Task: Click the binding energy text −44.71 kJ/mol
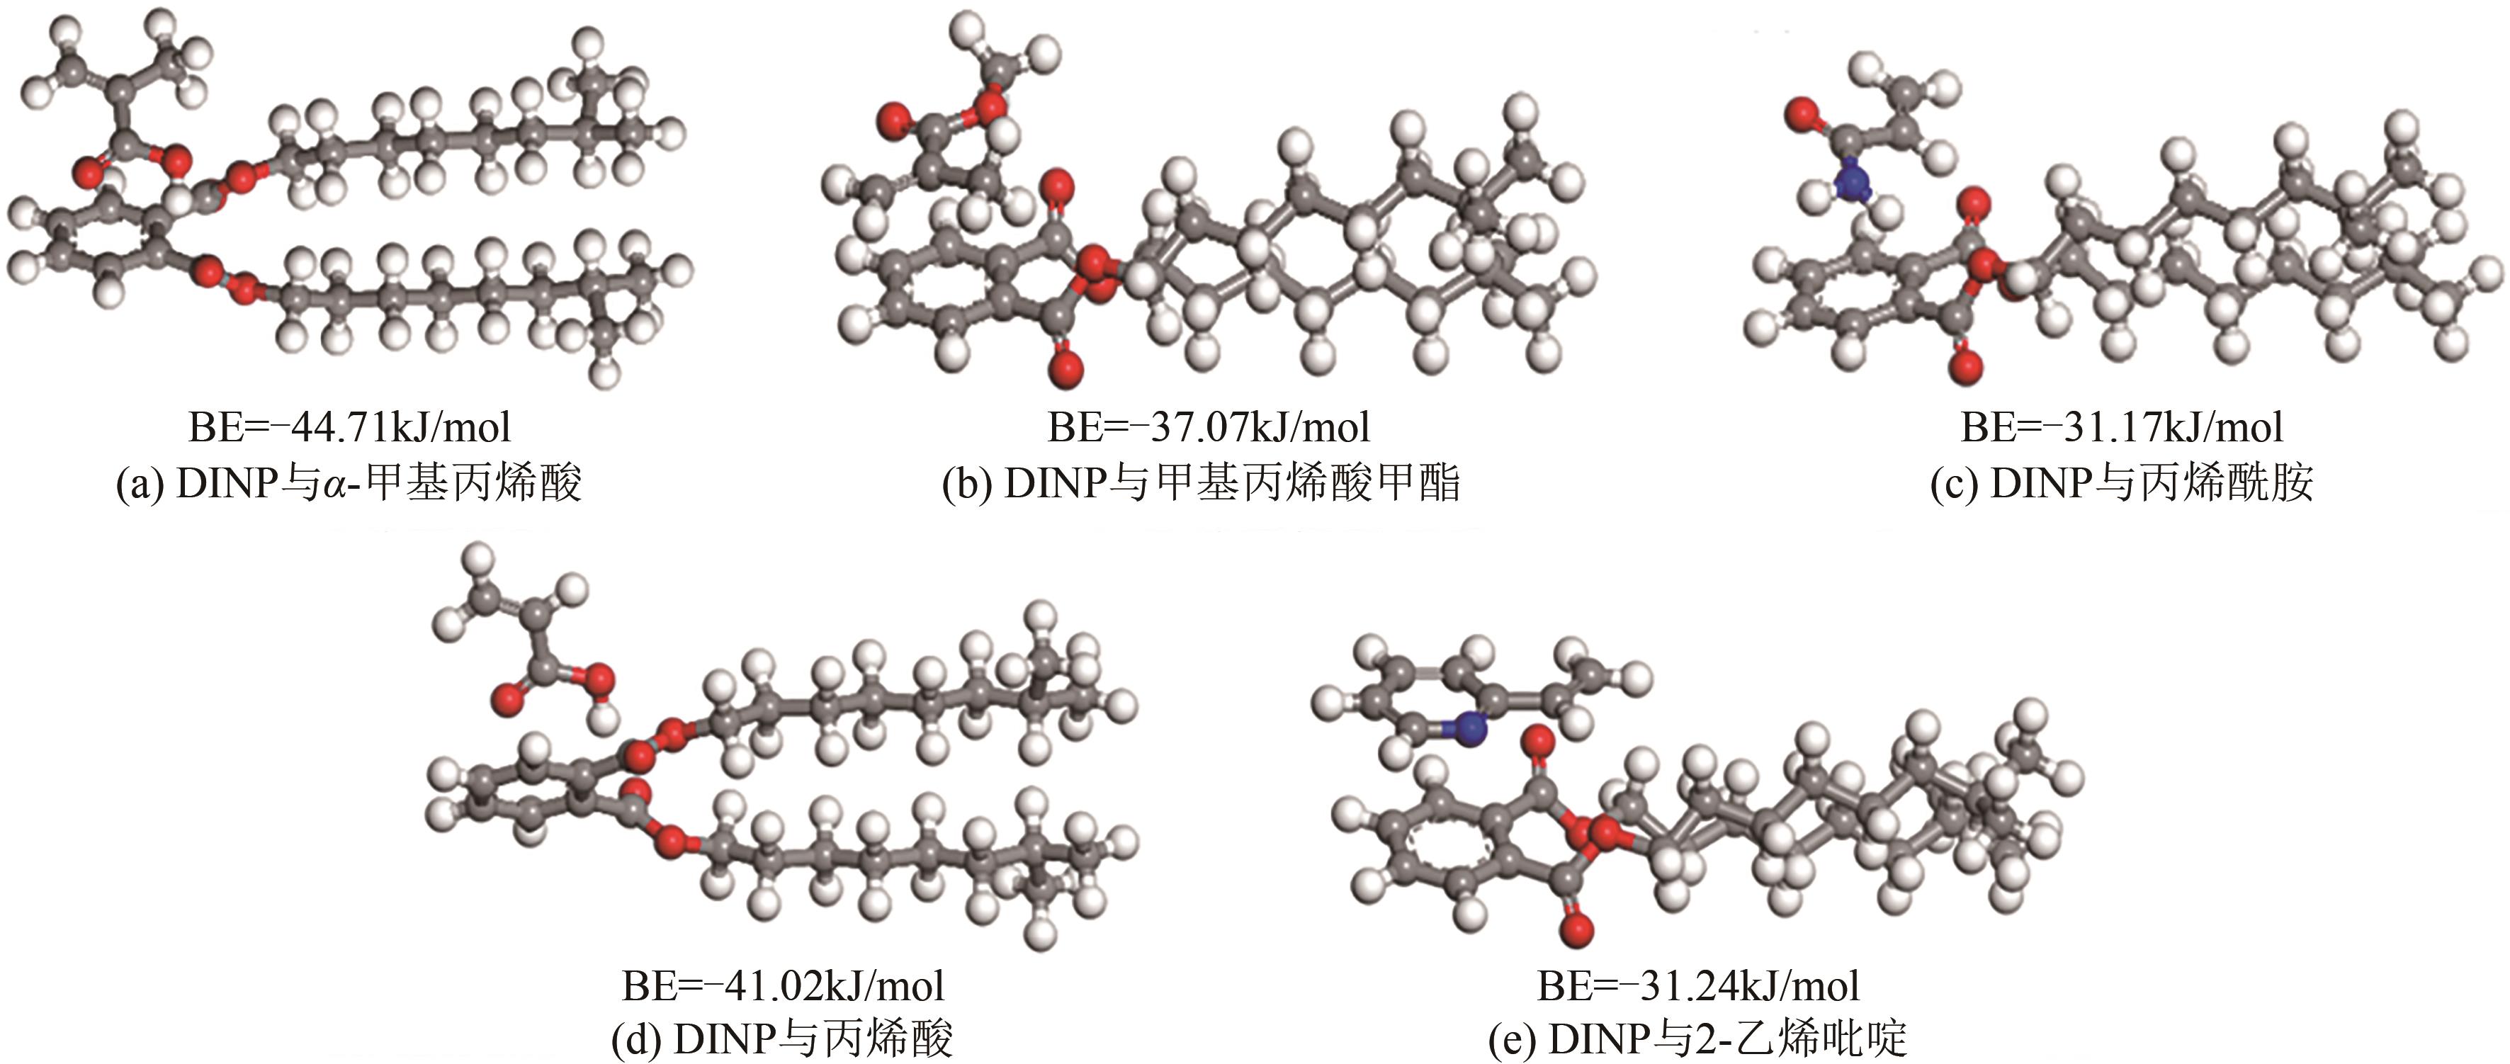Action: coord(349,426)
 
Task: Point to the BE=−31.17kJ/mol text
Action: coord(2121,426)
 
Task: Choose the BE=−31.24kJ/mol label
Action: coord(1698,986)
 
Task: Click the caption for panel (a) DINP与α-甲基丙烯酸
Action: coord(349,483)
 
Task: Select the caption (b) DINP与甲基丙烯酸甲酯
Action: coord(1202,483)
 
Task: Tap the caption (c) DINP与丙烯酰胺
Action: coord(2121,483)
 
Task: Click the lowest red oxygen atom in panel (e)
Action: coord(1576,929)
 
